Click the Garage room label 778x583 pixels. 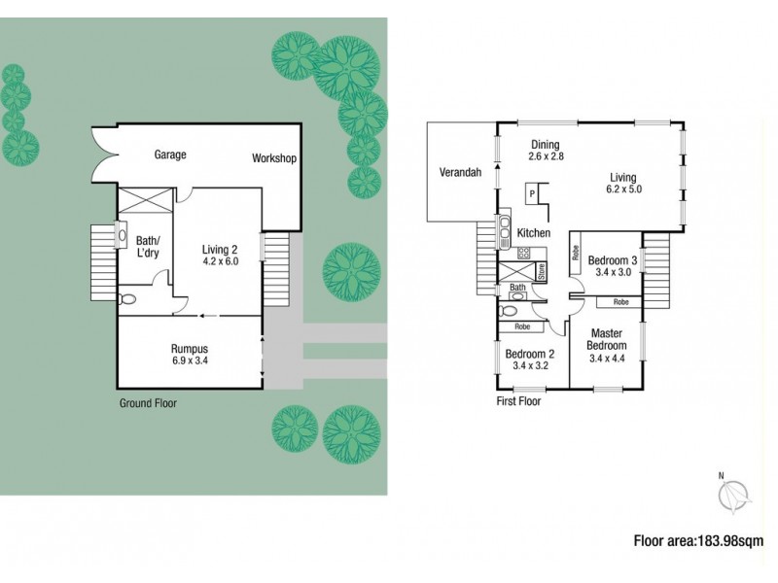pyautogui.click(x=170, y=154)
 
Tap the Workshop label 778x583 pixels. pyautogui.click(x=273, y=158)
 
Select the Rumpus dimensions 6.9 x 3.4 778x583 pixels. pyautogui.click(x=190, y=360)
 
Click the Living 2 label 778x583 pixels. pyautogui.click(x=219, y=249)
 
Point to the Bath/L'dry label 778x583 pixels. pyautogui.click(x=147, y=248)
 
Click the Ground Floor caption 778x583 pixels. pyautogui.click(x=148, y=402)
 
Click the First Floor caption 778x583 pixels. pyautogui.click(x=519, y=400)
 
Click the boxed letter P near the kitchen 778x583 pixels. pyautogui.click(x=532, y=192)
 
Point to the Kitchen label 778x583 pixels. pyautogui.click(x=534, y=233)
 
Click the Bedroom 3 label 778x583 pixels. pyautogui.click(x=615, y=259)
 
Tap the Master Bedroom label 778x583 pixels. pyautogui.click(x=608, y=339)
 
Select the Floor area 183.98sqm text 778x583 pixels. pyautogui.click(x=698, y=541)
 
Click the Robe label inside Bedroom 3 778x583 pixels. pyautogui.click(x=577, y=258)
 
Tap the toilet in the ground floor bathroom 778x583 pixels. pyautogui.click(x=126, y=298)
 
